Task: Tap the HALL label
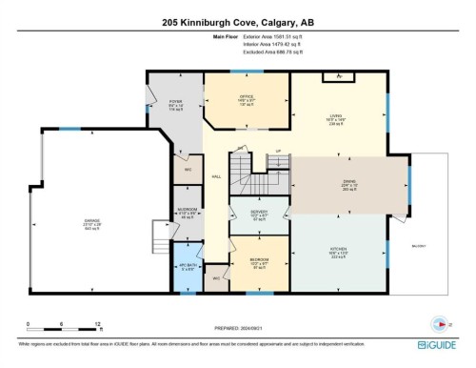(216, 176)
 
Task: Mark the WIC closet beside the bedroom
(218, 278)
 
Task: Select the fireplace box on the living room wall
(332, 78)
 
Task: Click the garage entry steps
(159, 232)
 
